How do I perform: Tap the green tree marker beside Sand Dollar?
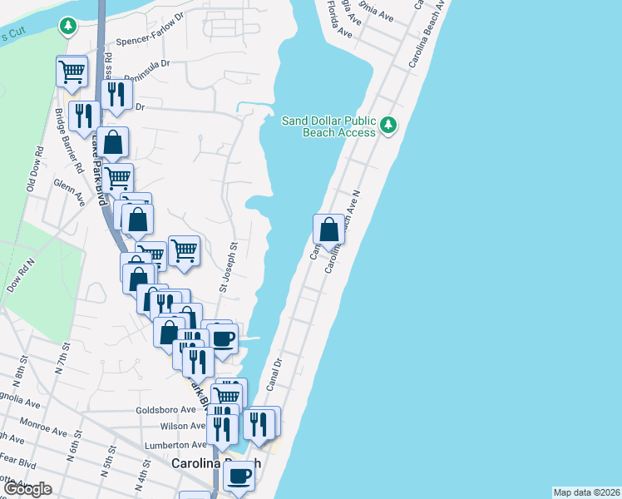[388, 126]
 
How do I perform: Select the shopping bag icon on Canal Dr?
[329, 229]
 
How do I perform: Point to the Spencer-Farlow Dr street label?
[150, 40]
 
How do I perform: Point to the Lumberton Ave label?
[175, 446]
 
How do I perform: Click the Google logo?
[27, 489]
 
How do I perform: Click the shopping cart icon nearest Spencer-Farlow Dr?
[72, 72]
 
